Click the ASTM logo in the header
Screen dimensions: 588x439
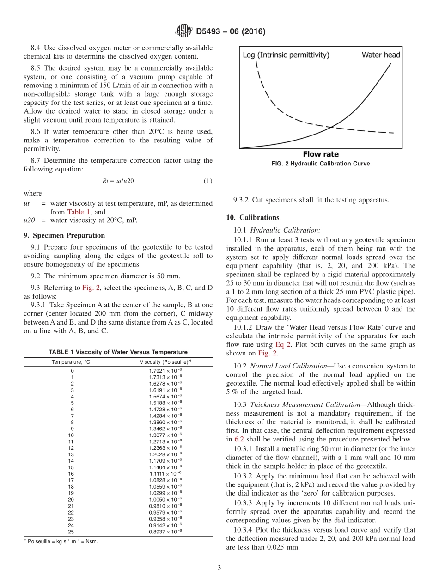click(x=184, y=31)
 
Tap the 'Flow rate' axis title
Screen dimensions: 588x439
click(x=320, y=154)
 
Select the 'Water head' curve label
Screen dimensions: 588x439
click(x=380, y=55)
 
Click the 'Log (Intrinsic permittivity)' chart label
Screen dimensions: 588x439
click(x=286, y=55)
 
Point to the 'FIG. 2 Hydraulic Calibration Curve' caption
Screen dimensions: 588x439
click(x=320, y=164)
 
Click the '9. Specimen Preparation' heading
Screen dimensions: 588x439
click(x=64, y=235)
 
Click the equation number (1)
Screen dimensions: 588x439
click(x=208, y=181)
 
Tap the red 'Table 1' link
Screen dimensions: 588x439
click(x=79, y=212)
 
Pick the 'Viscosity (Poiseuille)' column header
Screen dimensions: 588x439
click(x=165, y=362)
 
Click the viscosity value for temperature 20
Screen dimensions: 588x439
click(x=165, y=500)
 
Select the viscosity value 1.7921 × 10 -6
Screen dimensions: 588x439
click(x=165, y=371)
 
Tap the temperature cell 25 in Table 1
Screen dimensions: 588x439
click(x=71, y=532)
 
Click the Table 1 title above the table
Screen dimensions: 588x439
click(x=118, y=352)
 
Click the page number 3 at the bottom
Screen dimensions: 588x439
click(x=219, y=568)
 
